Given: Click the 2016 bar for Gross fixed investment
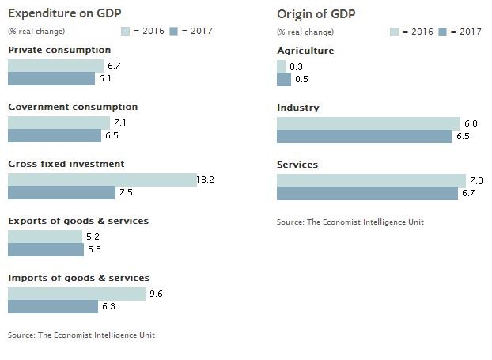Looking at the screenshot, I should tap(102, 180).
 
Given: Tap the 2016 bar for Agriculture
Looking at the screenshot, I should tap(281, 66).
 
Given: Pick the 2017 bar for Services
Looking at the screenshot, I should tap(367, 194).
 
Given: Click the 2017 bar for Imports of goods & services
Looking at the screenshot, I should tap(53, 306).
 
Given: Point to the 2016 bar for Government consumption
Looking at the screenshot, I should tap(59, 123).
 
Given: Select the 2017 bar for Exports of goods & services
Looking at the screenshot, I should tap(46, 250).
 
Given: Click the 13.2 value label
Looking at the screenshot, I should tap(206, 180).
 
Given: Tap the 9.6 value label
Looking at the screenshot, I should tap(155, 294).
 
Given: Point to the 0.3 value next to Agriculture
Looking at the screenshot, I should tap(296, 66).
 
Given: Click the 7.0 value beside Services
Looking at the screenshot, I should tap(475, 180).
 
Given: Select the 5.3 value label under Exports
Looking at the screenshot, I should tap(94, 250).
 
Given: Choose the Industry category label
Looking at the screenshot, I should tap(297, 108).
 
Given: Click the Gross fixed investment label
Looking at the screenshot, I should tap(66, 164).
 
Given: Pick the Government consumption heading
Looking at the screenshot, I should tap(73, 107).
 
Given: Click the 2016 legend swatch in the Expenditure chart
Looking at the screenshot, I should tap(125, 32).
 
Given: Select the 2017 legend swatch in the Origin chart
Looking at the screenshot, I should tap(443, 32).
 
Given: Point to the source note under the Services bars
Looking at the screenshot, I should tap(350, 222).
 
